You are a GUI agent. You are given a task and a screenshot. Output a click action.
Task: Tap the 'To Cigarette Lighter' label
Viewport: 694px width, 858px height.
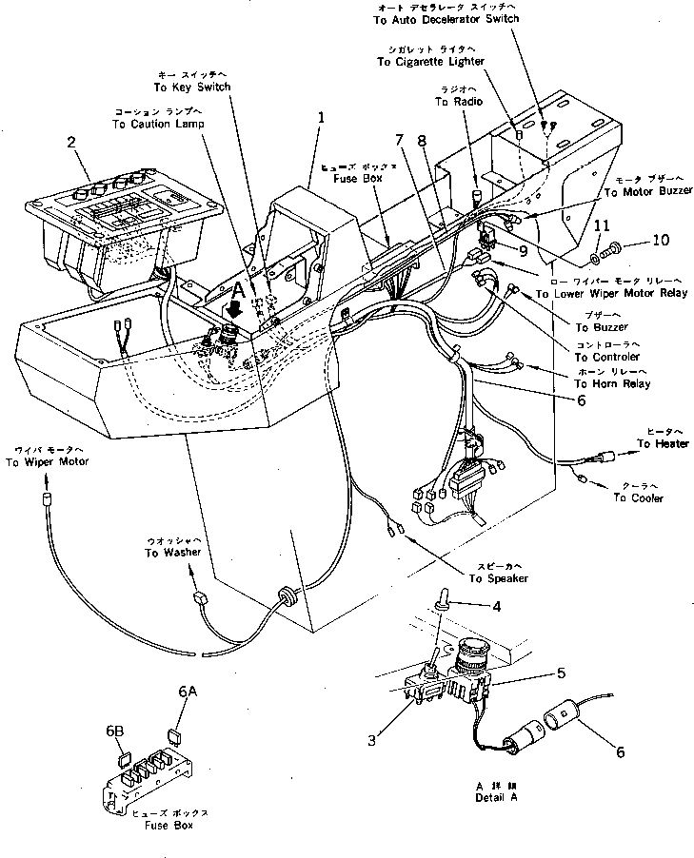click(430, 62)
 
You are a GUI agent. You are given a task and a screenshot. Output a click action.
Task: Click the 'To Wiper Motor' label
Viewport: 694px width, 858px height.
click(47, 462)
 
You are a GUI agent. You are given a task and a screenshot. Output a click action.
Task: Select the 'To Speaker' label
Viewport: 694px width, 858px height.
click(497, 578)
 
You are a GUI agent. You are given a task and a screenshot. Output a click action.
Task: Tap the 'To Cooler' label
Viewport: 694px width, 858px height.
click(638, 497)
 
